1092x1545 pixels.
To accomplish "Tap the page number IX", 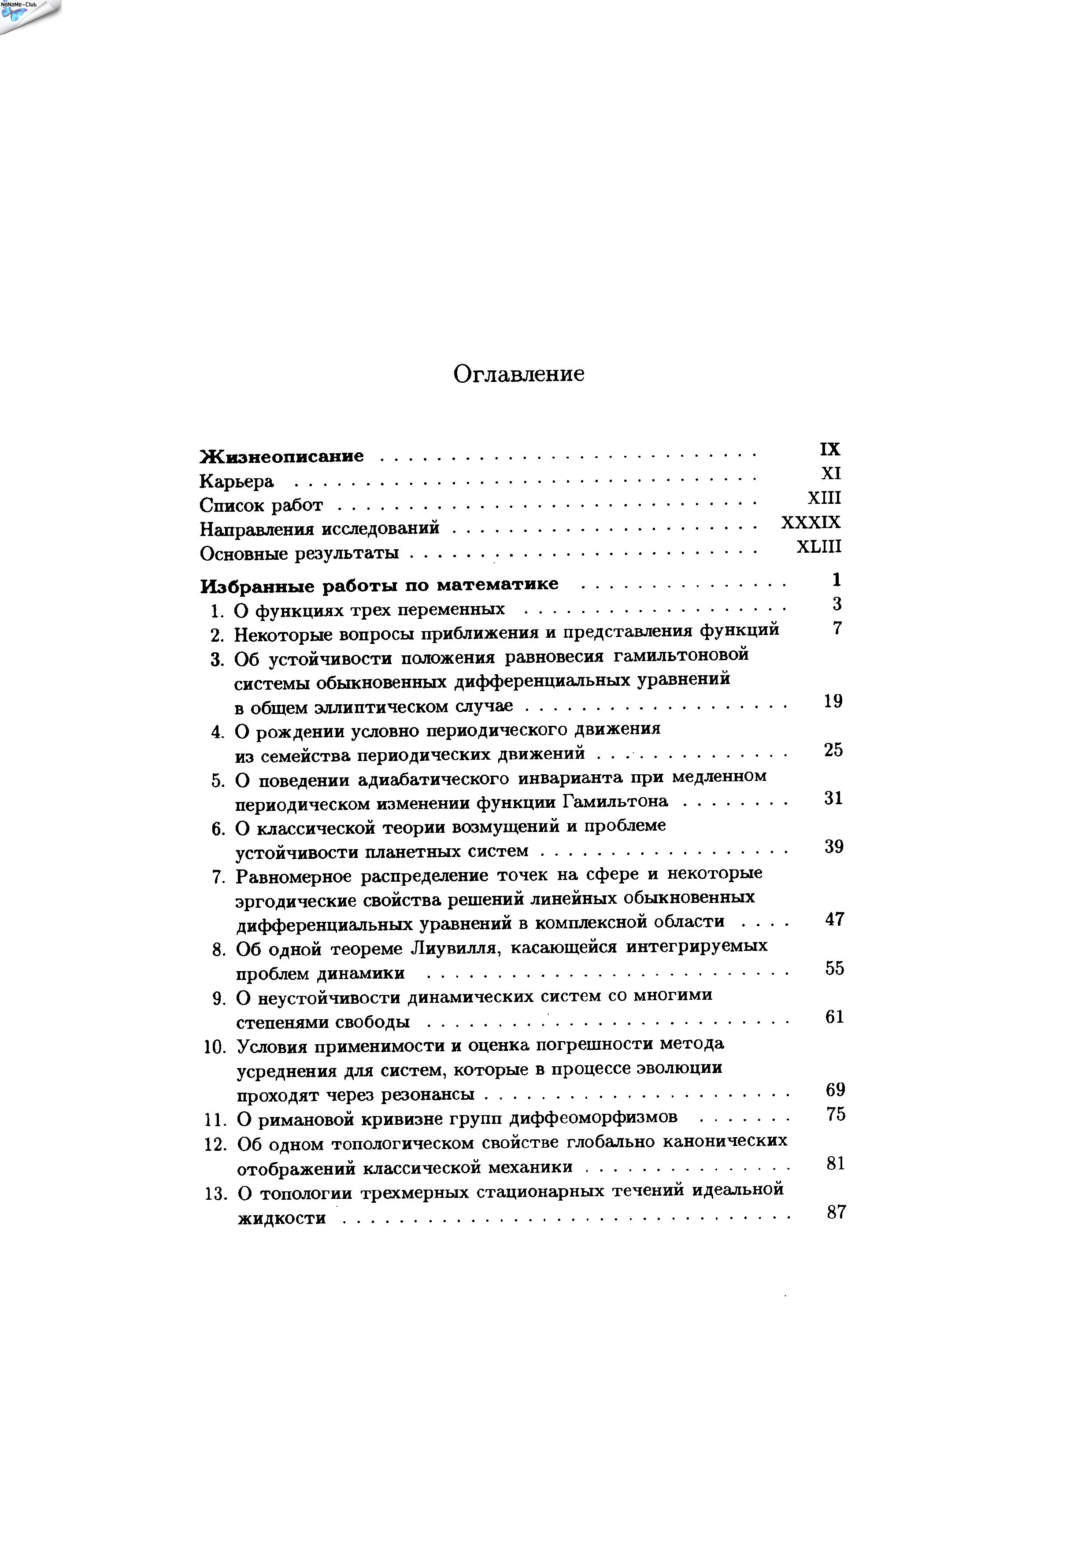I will tap(830, 449).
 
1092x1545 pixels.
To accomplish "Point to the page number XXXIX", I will tap(811, 522).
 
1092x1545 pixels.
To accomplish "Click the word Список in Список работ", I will tap(233, 505).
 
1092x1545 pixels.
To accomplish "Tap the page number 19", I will tap(833, 701).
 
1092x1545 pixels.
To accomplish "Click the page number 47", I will tap(834, 919).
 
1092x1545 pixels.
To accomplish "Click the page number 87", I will tap(836, 1212).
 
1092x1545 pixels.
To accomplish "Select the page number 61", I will tap(834, 1017).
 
